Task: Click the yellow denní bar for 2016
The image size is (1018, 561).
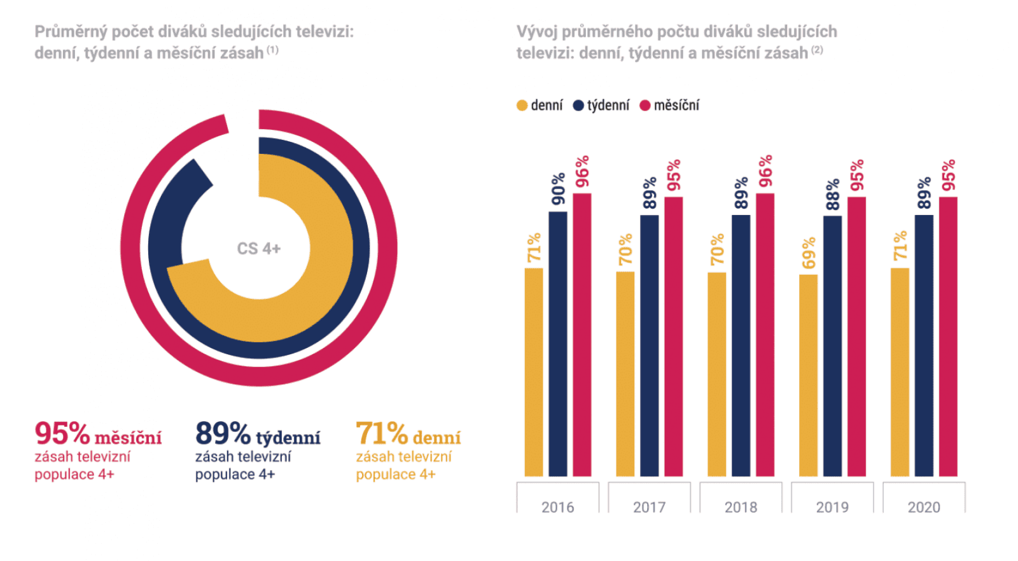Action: [534, 372]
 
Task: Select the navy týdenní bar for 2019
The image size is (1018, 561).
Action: [832, 346]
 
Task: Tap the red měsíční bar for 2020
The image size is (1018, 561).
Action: [948, 336]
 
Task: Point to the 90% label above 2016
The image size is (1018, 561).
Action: [558, 188]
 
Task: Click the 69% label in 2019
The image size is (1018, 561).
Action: [808, 253]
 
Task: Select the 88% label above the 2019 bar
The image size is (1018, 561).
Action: [832, 194]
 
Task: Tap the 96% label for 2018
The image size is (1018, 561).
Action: [765, 170]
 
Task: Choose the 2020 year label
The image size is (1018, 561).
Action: [924, 507]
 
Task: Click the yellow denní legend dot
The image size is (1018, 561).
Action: [522, 106]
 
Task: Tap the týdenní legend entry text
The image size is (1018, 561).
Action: [608, 106]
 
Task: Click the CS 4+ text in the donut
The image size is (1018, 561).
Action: [258, 249]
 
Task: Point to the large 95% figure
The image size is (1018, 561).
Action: [62, 434]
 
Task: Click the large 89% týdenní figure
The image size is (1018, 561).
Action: [223, 434]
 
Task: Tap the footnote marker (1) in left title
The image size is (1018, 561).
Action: [272, 50]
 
